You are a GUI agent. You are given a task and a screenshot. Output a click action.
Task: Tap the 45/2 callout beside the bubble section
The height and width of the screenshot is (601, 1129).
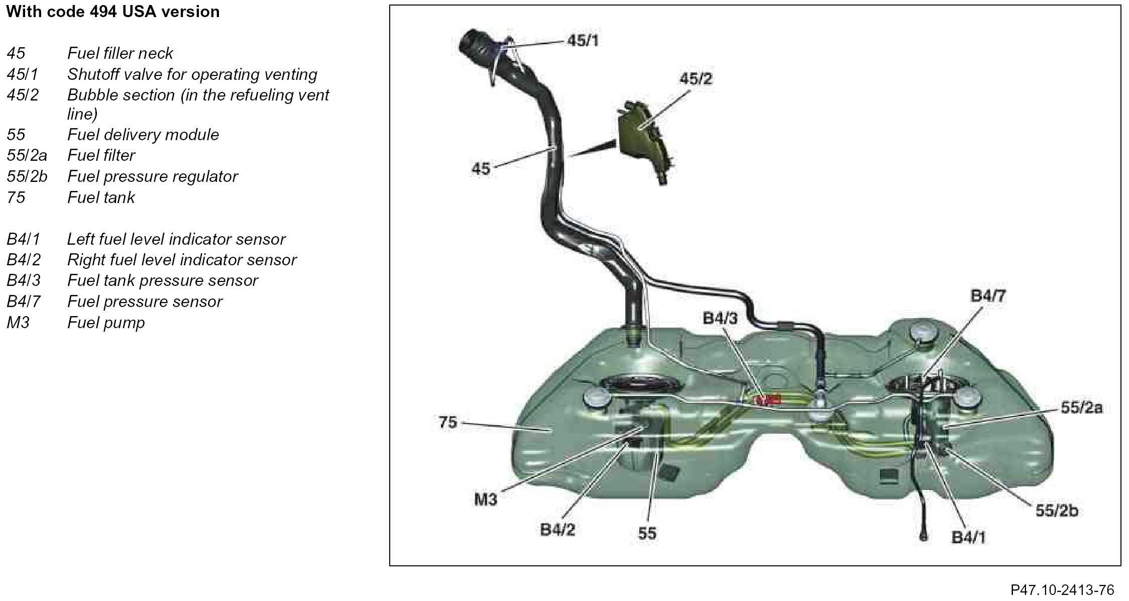pos(696,79)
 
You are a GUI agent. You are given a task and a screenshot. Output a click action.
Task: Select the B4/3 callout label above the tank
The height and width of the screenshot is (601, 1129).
pos(720,318)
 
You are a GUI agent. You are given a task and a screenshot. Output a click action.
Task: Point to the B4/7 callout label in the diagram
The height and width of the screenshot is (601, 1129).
pos(988,296)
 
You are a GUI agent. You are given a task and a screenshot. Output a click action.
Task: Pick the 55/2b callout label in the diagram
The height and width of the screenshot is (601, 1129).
pos(1057,511)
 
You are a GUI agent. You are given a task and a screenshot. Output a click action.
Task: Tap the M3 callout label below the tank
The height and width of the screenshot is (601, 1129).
pos(485,499)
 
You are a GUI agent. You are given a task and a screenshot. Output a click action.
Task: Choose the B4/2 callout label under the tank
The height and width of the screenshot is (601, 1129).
pos(557,530)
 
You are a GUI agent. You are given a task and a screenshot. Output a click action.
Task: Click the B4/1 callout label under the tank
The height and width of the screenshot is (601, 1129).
pos(968,538)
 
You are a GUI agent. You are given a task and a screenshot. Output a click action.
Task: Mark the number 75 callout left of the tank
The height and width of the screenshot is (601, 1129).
pos(448,422)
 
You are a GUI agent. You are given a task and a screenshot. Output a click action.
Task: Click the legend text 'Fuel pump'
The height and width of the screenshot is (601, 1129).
pos(106,322)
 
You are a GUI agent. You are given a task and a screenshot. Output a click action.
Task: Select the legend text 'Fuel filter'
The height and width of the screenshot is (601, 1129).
pos(101,155)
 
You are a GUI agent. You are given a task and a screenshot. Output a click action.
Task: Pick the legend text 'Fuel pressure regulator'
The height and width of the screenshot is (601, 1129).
pos(152,176)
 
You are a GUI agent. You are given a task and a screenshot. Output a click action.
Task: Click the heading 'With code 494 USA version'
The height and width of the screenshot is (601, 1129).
pos(113,12)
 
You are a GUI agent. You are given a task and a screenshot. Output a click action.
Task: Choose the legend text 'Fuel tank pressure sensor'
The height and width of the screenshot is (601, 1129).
pos(162,280)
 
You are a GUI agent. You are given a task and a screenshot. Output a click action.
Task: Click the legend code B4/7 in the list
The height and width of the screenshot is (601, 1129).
pos(23,302)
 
